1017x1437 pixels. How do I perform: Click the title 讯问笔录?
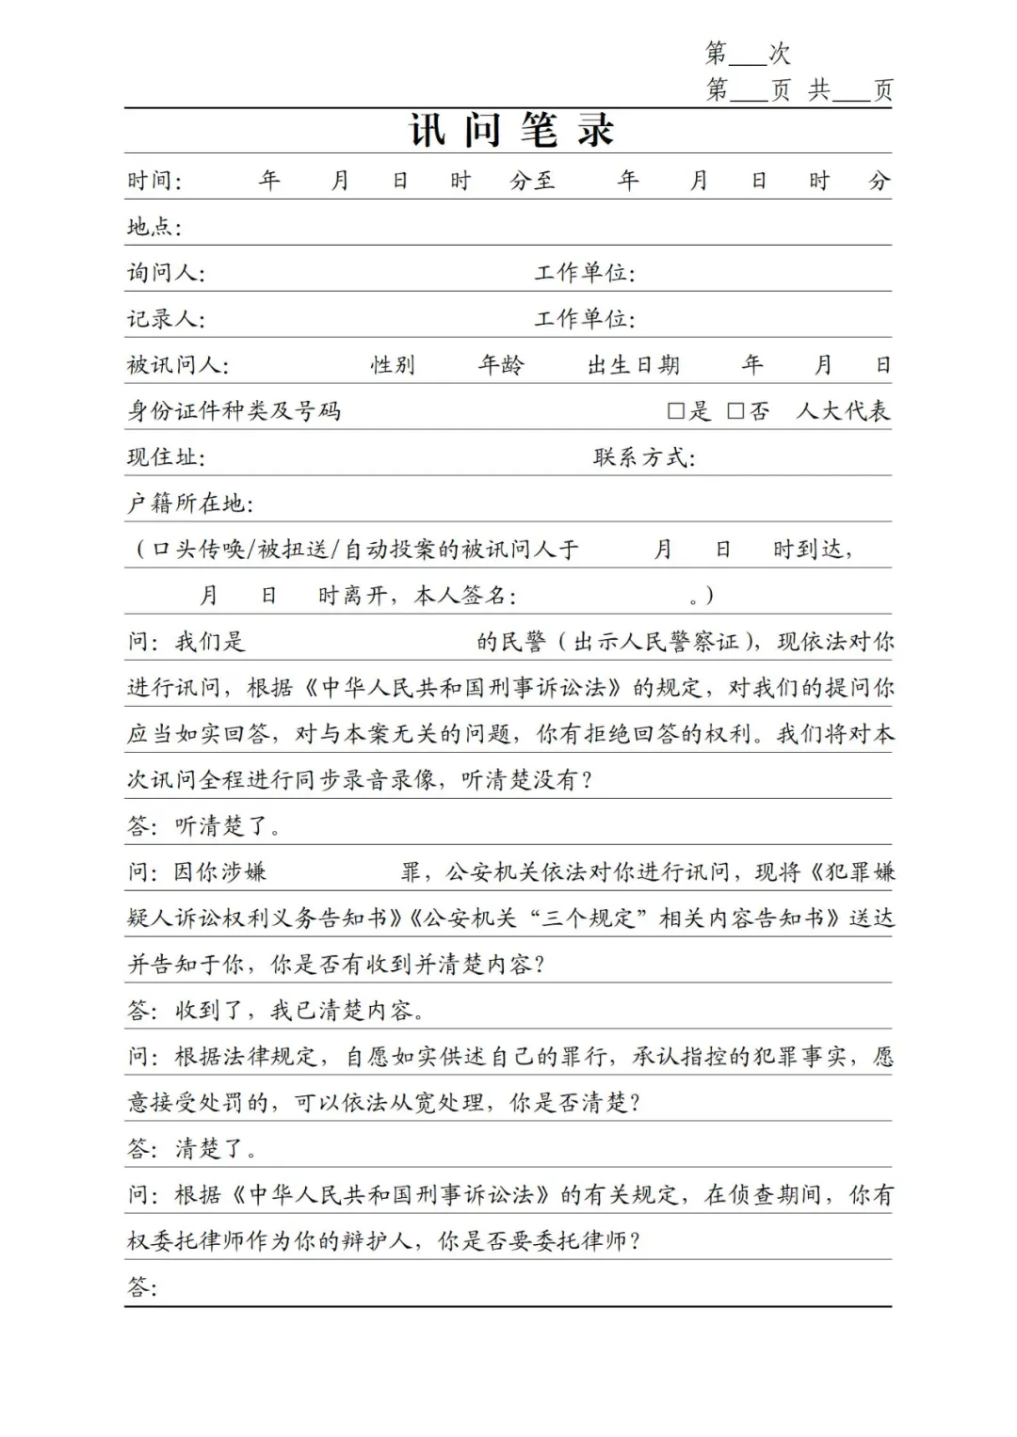(511, 130)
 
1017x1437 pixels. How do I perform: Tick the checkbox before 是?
(675, 411)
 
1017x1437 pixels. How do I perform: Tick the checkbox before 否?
(735, 411)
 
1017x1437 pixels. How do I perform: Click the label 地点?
(153, 227)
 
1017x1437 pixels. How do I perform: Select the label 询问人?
(166, 273)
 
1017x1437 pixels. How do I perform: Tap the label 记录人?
(166, 319)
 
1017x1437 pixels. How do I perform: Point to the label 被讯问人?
(177, 365)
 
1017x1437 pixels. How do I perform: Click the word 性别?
(393, 365)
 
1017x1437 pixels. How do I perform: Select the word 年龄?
(500, 365)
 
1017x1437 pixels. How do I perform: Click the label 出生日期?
(633, 365)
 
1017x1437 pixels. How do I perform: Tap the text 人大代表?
(843, 411)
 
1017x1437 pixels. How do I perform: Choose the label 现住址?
(166, 457)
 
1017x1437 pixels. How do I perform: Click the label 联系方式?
(644, 457)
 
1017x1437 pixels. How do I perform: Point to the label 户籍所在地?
(190, 503)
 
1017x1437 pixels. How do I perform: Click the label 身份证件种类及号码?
(234, 411)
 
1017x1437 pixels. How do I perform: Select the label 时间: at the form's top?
(153, 181)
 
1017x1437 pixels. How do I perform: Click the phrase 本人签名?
(465, 596)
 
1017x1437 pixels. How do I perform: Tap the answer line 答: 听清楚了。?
(204, 826)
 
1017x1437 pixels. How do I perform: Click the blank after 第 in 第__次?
(749, 55)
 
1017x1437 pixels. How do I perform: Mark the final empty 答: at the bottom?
(143, 1287)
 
